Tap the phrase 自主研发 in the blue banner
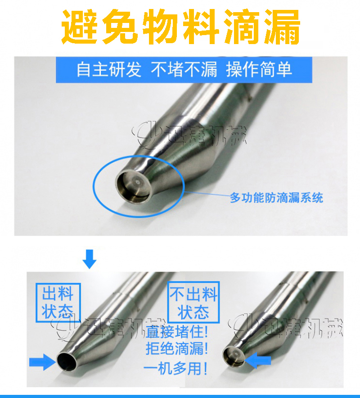coord(108,70)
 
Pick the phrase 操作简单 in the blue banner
coord(259,70)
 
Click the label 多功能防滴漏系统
coord(276,197)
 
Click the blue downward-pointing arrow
coord(90,259)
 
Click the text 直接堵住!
coord(176,333)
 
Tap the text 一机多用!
coord(176,369)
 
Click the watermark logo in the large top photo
coord(189,135)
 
